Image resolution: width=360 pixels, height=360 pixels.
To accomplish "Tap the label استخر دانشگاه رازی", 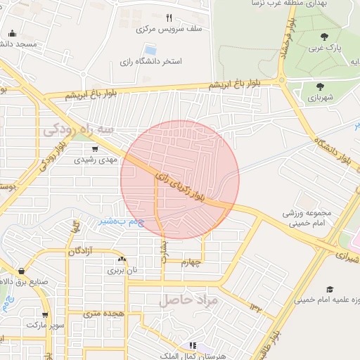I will pos(151,62).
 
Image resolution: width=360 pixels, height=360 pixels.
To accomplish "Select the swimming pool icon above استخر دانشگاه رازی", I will pos(150,50).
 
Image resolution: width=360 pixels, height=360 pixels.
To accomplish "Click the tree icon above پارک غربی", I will pos(324,37).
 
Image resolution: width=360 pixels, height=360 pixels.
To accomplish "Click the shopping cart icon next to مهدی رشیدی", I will pos(94,148).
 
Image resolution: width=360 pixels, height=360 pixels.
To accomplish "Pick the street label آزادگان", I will pos(81,251).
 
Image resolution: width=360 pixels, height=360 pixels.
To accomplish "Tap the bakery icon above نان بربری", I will pos(123,259).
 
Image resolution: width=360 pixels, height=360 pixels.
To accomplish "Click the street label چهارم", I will pos(191,263).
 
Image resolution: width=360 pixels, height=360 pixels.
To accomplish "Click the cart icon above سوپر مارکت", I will pos(45,315).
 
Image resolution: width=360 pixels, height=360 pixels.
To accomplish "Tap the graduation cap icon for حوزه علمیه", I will pos(329,289).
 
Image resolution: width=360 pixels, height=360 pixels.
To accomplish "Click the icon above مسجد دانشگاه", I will pos(12,33).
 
